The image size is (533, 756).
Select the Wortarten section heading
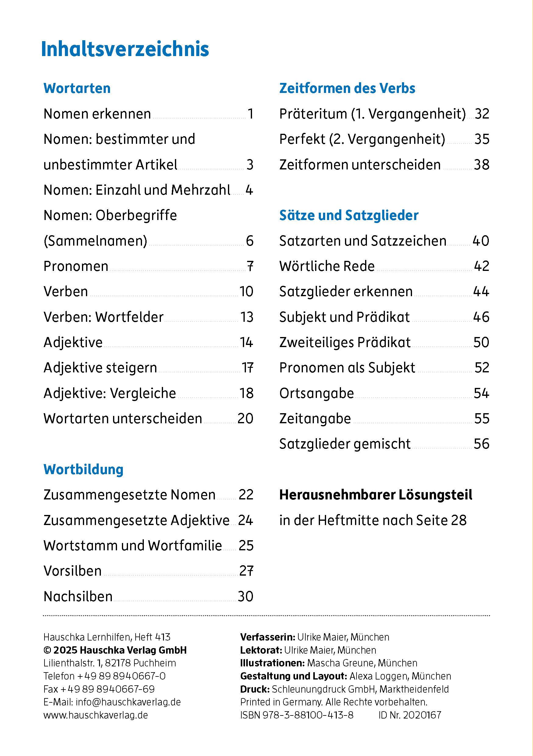click(77, 88)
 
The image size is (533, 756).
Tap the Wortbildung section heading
click(83, 469)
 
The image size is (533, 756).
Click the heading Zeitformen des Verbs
click(347, 88)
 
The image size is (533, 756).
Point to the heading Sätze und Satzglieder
click(349, 215)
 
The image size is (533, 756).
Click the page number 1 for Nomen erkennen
click(250, 114)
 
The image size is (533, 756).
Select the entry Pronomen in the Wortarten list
click(76, 266)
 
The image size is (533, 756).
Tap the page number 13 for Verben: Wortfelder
click(247, 317)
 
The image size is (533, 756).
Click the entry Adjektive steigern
click(100, 367)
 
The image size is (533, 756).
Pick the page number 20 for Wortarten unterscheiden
click(245, 418)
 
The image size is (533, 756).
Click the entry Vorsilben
click(73, 571)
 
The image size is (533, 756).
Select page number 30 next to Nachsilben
click(245, 596)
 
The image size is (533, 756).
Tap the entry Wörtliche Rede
click(327, 266)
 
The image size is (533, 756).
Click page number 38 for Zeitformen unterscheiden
click(481, 165)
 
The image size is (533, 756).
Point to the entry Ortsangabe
click(316, 393)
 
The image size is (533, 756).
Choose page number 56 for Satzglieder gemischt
click(481, 444)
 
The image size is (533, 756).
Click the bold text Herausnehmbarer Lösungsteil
click(375, 495)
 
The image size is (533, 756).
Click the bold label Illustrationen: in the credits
click(272, 663)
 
